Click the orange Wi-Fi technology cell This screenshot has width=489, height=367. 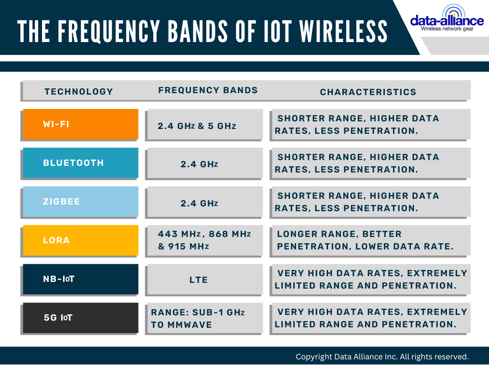point(80,124)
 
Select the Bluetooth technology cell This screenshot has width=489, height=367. point(80,163)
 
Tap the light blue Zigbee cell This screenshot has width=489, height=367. point(80,202)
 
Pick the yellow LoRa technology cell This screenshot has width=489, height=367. point(80,240)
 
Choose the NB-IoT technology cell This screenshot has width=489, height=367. point(80,279)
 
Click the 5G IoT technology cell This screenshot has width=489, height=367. point(80,318)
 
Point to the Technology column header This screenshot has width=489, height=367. point(79,91)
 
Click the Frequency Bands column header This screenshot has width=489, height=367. point(208,90)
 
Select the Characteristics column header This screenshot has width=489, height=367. point(368,92)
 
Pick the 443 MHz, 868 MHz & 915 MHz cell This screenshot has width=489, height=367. point(204,240)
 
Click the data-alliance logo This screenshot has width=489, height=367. point(446,19)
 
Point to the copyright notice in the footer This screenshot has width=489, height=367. point(382,356)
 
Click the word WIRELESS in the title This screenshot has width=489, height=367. point(343,31)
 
